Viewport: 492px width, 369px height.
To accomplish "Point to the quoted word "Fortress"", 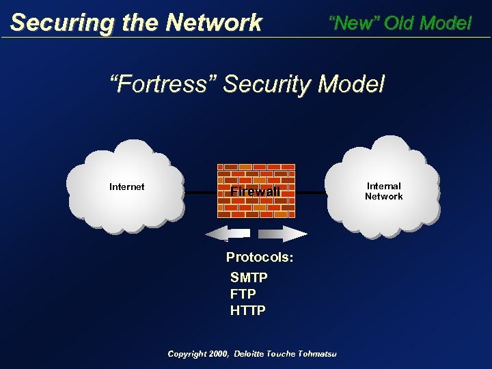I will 163,85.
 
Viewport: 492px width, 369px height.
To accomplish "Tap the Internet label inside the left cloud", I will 126,187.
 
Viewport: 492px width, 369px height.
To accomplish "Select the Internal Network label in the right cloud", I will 383,191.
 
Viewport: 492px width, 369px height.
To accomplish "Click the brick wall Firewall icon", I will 256,191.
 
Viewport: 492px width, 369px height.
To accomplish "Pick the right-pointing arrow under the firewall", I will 283,234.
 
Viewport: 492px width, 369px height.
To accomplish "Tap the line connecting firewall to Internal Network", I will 315,193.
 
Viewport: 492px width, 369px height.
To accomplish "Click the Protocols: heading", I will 260,258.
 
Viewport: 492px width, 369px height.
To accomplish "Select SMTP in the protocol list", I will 249,278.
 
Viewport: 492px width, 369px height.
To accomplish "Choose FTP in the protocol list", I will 243,295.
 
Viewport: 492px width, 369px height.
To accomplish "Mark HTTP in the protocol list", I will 248,311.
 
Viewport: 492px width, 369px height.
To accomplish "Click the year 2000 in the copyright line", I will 216,353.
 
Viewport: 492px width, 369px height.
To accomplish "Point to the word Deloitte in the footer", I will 252,353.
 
